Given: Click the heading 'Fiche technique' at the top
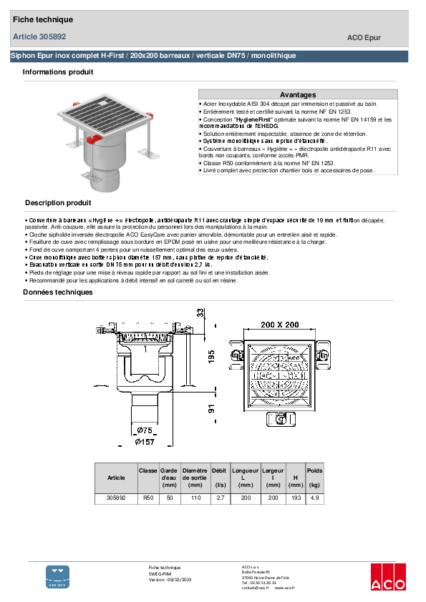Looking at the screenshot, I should pyautogui.click(x=43, y=19).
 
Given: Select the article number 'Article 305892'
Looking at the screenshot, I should pyautogui.click(x=39, y=36).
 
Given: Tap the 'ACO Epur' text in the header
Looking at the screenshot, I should pyautogui.click(x=364, y=38).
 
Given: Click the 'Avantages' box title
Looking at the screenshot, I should pyautogui.click(x=297, y=94).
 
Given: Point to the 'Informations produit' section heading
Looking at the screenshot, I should pyautogui.click(x=57, y=72).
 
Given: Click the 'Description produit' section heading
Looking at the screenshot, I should pyautogui.click(x=58, y=203).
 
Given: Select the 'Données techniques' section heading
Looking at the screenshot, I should pyautogui.click(x=58, y=292).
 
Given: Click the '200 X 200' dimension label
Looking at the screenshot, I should pyautogui.click(x=279, y=325).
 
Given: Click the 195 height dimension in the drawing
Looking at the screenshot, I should pyautogui.click(x=212, y=356).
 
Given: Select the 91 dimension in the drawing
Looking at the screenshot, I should pyautogui.click(x=212, y=408).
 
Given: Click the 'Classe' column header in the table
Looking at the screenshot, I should pyautogui.click(x=148, y=471).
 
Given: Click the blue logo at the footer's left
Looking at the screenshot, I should pyautogui.click(x=58, y=577).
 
